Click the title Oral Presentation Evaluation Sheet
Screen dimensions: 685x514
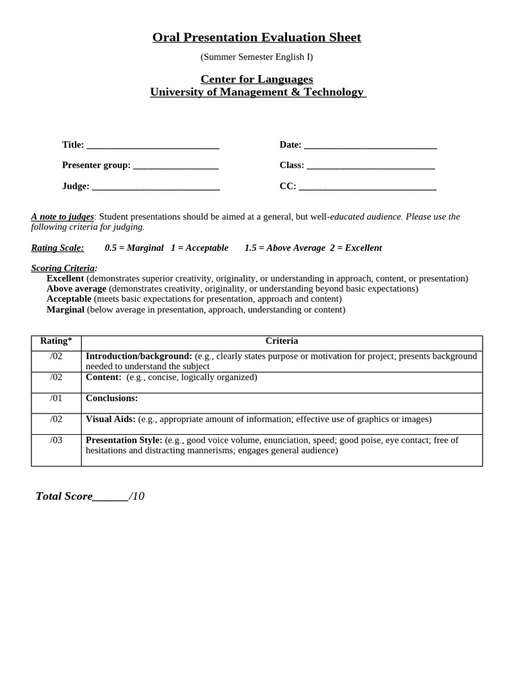pos(256,37)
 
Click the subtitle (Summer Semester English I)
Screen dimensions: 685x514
pos(256,58)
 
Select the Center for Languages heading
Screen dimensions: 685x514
pos(257,79)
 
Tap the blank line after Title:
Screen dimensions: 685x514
pos(153,146)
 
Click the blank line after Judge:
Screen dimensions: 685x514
pos(155,187)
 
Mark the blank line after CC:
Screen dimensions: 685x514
pos(367,187)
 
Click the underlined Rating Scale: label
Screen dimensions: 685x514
pos(58,248)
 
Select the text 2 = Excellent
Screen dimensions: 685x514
pos(355,248)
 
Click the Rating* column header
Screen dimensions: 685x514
pos(56,341)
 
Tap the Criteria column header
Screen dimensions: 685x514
pos(282,341)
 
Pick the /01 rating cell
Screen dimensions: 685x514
pos(56,398)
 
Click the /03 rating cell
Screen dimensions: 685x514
pos(56,440)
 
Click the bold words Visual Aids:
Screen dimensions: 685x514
pos(110,419)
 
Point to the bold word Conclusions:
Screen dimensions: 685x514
pos(112,399)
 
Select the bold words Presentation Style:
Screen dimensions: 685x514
pos(124,440)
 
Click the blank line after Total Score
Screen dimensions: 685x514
pos(110,497)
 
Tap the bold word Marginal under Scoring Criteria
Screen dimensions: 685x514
pos(66,310)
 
